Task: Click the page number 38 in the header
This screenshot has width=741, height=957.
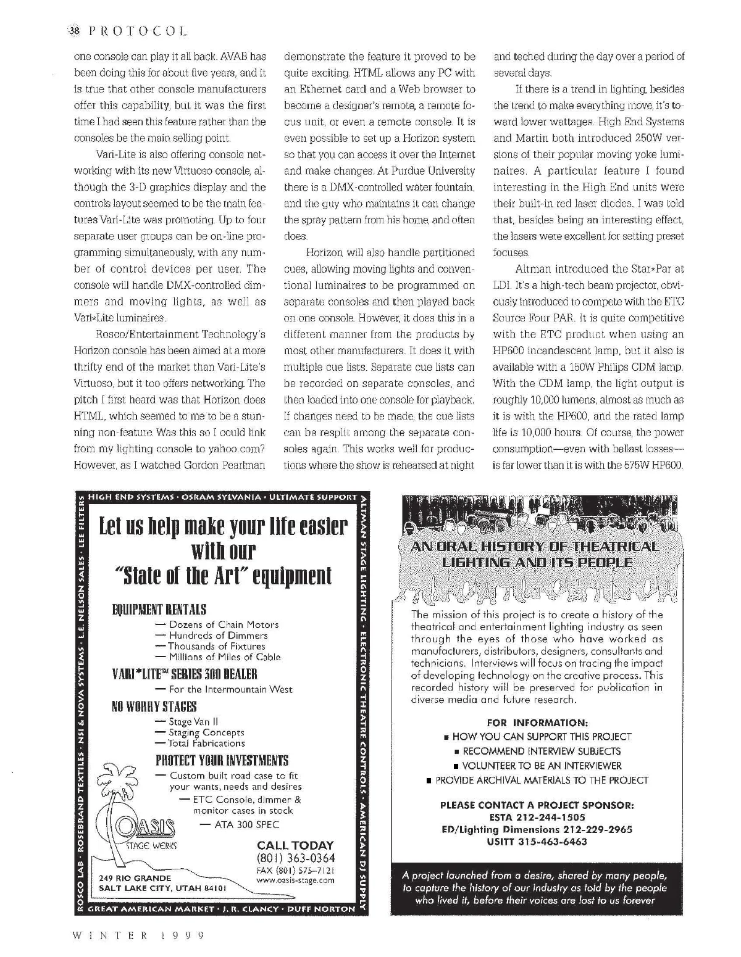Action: [74, 30]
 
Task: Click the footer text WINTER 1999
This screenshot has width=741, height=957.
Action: [138, 935]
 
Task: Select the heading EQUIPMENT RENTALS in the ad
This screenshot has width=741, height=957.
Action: [159, 610]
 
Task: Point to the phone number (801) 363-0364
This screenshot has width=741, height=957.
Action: [295, 858]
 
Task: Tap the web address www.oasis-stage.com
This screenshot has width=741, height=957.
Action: [295, 880]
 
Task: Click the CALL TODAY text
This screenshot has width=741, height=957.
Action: [295, 845]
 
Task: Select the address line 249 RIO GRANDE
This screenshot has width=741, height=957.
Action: [135, 878]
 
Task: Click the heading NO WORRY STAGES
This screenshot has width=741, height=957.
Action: [154, 706]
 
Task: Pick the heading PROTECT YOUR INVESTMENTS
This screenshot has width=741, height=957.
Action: [222, 760]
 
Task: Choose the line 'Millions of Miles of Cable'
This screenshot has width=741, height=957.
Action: [224, 657]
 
